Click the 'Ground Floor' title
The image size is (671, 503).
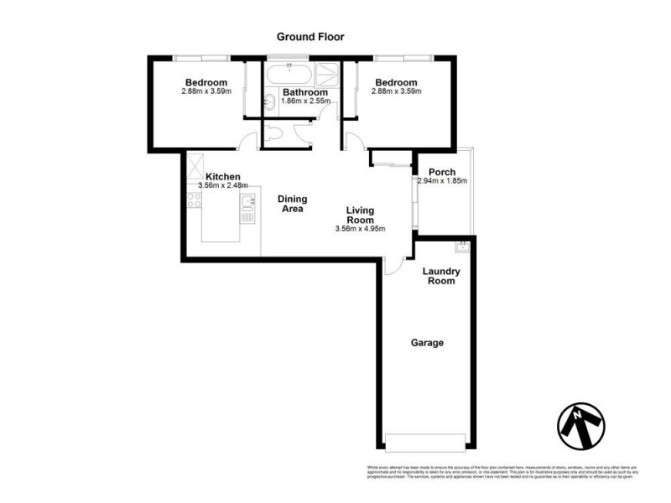point(310,37)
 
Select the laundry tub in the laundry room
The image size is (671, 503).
point(460,246)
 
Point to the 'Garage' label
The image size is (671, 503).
point(427,343)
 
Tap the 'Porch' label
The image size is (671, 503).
point(442,172)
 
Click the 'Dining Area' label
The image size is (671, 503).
point(292,204)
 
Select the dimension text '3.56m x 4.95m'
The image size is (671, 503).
point(360,229)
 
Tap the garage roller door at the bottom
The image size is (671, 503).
point(425,442)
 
